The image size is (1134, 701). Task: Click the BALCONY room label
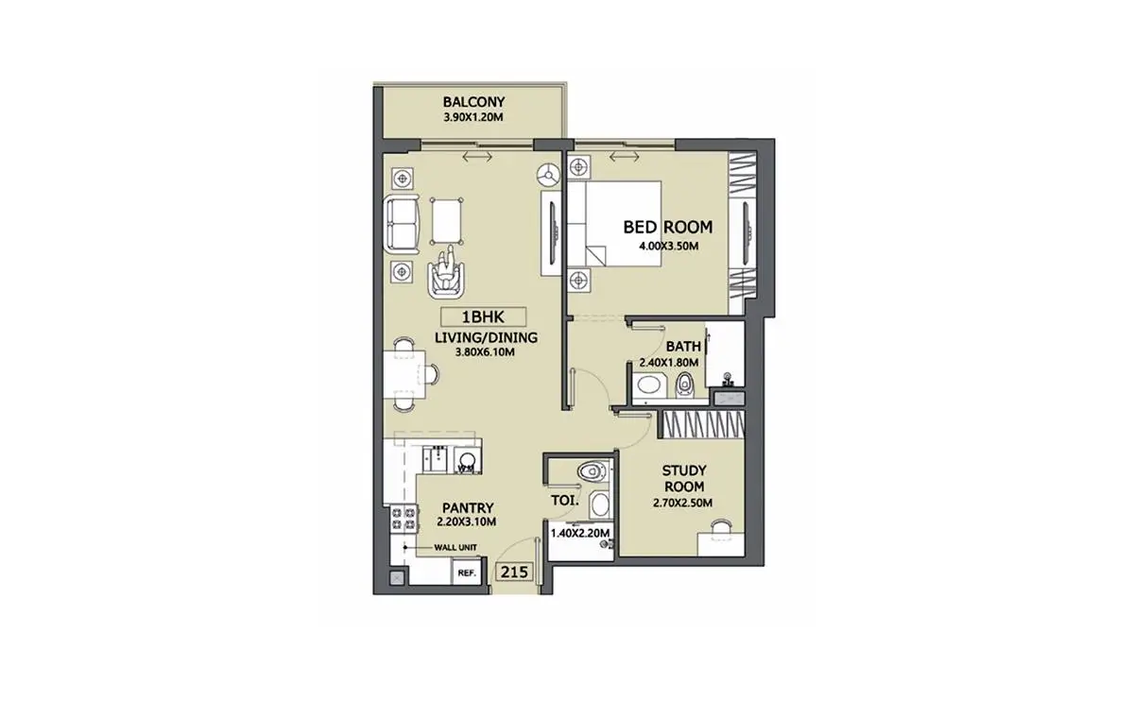(x=473, y=102)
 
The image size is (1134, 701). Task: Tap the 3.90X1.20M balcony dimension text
(x=473, y=117)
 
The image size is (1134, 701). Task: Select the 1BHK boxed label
(x=483, y=317)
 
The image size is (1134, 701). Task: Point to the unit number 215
(x=514, y=572)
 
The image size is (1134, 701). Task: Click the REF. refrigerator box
(x=466, y=572)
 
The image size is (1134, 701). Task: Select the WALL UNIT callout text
(x=455, y=547)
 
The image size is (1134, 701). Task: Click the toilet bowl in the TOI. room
(x=592, y=472)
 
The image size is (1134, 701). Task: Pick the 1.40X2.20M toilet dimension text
(x=580, y=533)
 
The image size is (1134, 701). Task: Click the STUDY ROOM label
(x=684, y=479)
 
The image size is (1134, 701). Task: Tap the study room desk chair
(x=721, y=526)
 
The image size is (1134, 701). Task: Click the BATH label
(x=683, y=347)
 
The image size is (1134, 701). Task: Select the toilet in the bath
(x=684, y=385)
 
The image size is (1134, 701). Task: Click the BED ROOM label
(x=668, y=228)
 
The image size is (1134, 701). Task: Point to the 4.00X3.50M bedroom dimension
(x=668, y=247)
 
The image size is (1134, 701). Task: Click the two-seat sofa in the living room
(x=402, y=224)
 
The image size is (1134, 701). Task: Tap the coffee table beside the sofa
(x=446, y=221)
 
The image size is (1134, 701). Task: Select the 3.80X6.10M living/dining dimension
(x=485, y=352)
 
